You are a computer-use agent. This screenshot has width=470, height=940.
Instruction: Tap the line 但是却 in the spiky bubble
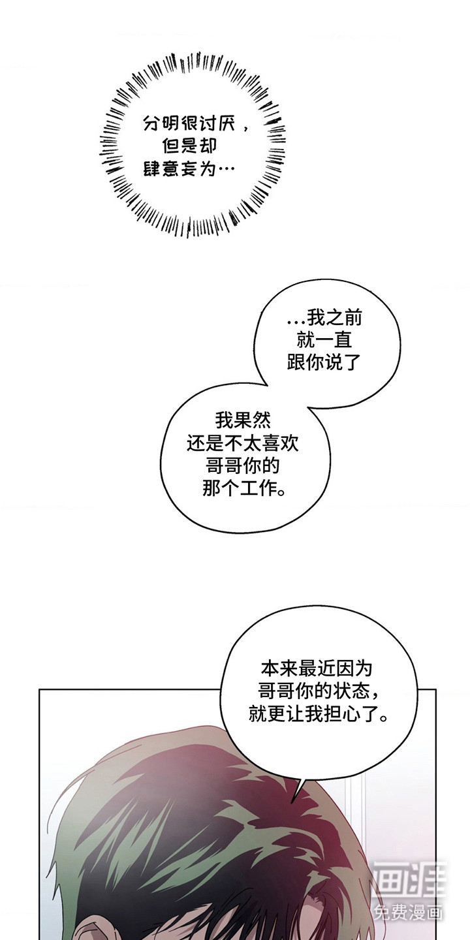[x=183, y=146]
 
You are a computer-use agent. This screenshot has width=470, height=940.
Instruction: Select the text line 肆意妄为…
[x=189, y=168]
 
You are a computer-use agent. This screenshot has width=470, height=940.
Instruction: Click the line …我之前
[x=324, y=319]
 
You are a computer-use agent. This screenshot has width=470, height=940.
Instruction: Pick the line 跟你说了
[x=324, y=363]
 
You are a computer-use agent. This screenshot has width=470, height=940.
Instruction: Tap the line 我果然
[x=242, y=420]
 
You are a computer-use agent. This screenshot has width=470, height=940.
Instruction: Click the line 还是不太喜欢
[x=242, y=443]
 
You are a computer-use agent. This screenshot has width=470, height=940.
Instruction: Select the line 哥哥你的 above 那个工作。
[x=242, y=466]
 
